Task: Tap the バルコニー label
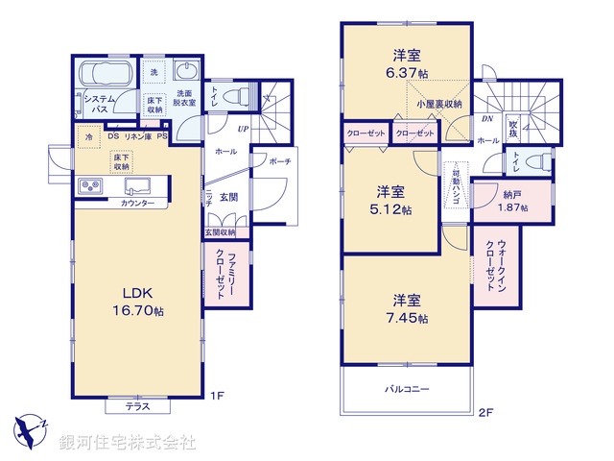pyautogui.click(x=408, y=389)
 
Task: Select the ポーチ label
pyautogui.click(x=280, y=161)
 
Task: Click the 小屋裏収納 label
pyautogui.click(x=439, y=104)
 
